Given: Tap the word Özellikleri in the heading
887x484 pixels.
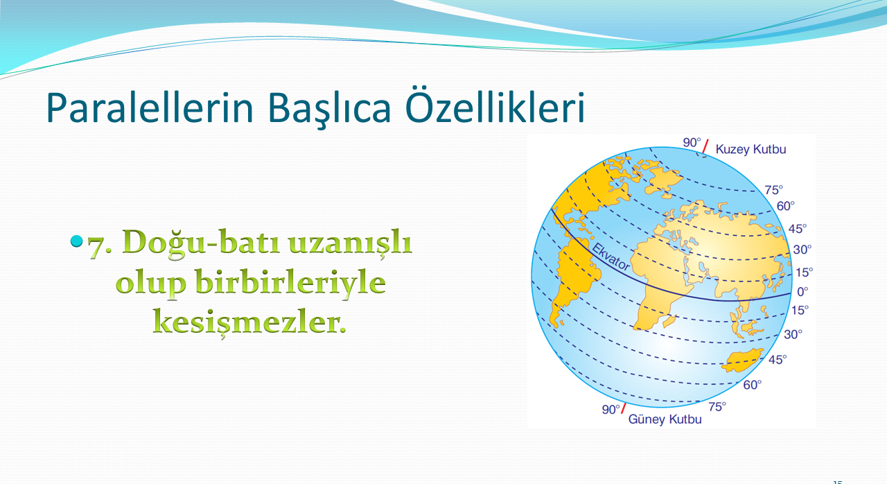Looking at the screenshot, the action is (495, 106).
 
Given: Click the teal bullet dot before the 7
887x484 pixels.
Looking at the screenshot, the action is (76, 241).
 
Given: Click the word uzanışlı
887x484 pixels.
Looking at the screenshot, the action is (351, 243).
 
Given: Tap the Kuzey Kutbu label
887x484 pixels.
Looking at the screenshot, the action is (750, 149).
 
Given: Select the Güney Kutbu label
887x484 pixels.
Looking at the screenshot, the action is (665, 419).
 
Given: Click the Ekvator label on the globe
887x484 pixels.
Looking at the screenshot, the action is (611, 257).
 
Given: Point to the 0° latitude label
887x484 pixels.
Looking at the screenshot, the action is (802, 292).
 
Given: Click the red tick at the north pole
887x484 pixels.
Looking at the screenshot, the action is (705, 146).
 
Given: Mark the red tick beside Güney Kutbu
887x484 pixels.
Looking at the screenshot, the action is (623, 408).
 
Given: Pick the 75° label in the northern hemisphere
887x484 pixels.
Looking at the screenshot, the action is (774, 190).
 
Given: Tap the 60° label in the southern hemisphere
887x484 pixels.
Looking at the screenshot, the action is (753, 385).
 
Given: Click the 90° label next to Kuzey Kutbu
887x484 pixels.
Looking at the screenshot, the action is (692, 143).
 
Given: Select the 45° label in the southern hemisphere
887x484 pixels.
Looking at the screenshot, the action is (778, 360).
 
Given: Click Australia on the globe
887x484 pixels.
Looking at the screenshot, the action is (741, 361).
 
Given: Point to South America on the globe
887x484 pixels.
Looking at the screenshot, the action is (572, 277).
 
